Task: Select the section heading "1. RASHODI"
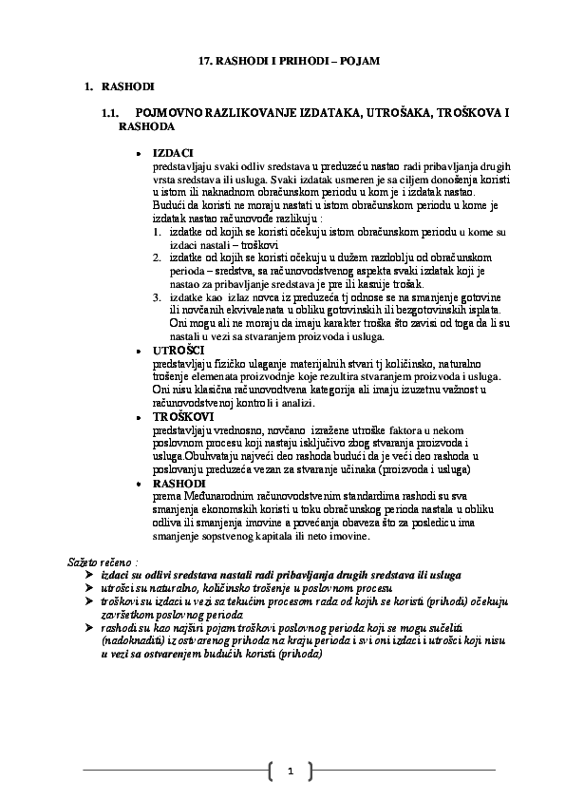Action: pos(121,87)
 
